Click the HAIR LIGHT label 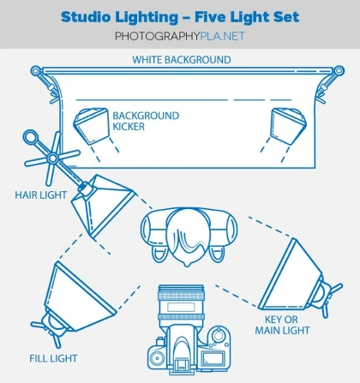[x=41, y=195]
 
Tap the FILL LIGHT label [x=53, y=358]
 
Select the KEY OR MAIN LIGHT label [x=282, y=325]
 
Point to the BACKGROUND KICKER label [x=146, y=121]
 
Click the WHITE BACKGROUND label [x=182, y=60]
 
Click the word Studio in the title [x=86, y=17]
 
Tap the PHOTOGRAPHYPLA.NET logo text [x=180, y=36]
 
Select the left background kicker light [x=92, y=125]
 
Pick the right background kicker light [x=289, y=125]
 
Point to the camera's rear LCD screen [x=213, y=359]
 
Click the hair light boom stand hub [x=52, y=158]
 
